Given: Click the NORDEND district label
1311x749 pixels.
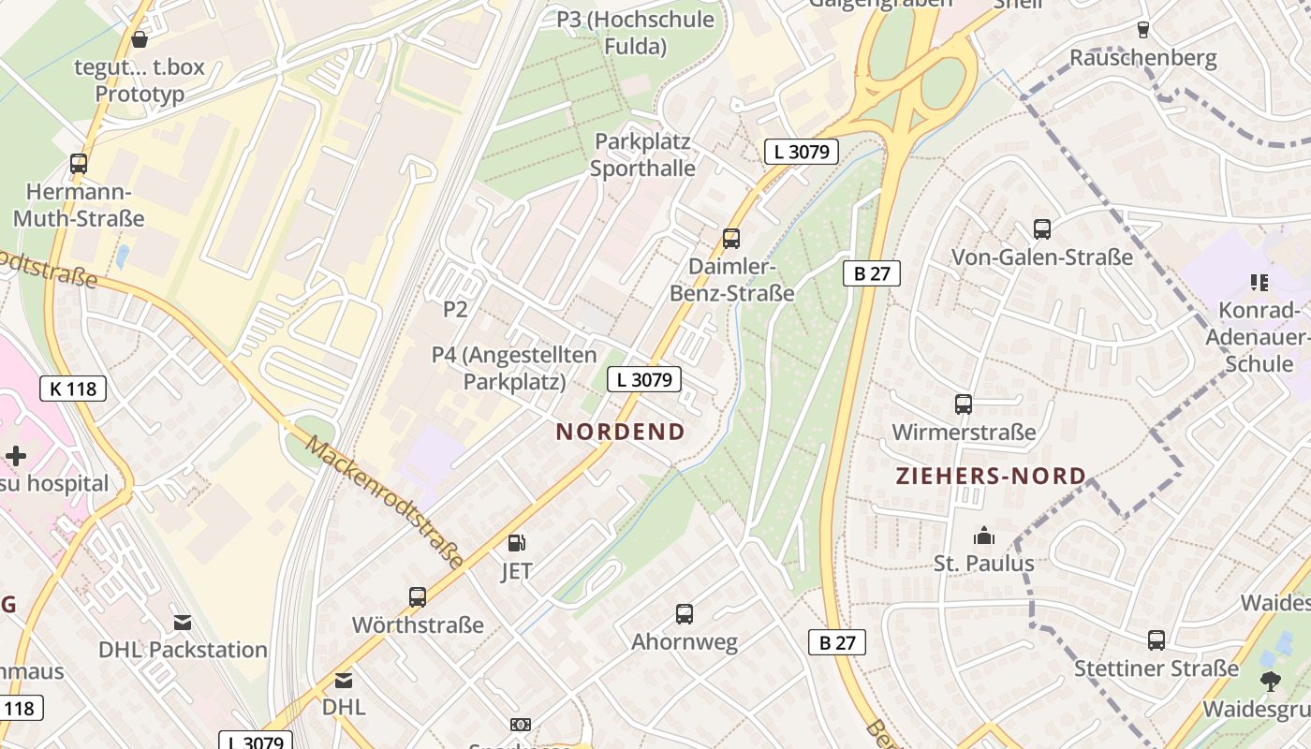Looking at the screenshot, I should (x=620, y=432).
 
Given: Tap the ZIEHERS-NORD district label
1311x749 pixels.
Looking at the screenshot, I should (x=991, y=476).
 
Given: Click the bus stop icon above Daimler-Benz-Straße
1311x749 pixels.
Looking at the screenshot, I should (x=731, y=239).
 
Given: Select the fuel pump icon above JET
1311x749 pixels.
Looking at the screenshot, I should (x=516, y=543).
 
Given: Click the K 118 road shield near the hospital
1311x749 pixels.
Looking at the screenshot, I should (x=74, y=389).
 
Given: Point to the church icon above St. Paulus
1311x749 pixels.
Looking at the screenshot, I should (x=983, y=536).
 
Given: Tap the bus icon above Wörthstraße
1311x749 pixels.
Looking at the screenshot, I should (x=418, y=596).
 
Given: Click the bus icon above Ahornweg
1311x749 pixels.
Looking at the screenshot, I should (x=685, y=614).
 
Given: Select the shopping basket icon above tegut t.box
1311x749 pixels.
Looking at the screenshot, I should (x=140, y=39).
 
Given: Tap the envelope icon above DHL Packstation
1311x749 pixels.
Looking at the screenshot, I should (x=183, y=622).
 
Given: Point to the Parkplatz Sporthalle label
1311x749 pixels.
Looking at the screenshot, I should (x=642, y=154).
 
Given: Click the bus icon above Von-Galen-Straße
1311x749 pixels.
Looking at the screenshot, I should (x=1042, y=228).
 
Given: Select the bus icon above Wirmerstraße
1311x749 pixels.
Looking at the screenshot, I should (x=964, y=404).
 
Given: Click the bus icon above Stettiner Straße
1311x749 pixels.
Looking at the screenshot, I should (x=1156, y=640).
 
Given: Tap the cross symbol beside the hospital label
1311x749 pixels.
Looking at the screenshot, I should (x=16, y=456).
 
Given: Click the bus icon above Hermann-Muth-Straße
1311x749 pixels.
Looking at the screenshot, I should (x=79, y=164).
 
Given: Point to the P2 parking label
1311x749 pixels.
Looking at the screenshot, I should (x=455, y=309).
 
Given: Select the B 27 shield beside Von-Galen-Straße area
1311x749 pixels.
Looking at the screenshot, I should (x=871, y=273).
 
